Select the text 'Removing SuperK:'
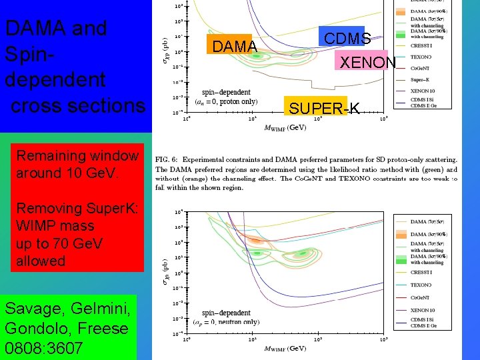(x=77, y=208)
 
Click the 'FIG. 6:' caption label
(x=170, y=160)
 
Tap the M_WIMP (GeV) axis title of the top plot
(x=285, y=127)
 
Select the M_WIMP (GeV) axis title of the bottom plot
(x=285, y=348)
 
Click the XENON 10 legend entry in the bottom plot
(x=425, y=310)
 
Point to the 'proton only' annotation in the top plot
(x=235, y=101)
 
